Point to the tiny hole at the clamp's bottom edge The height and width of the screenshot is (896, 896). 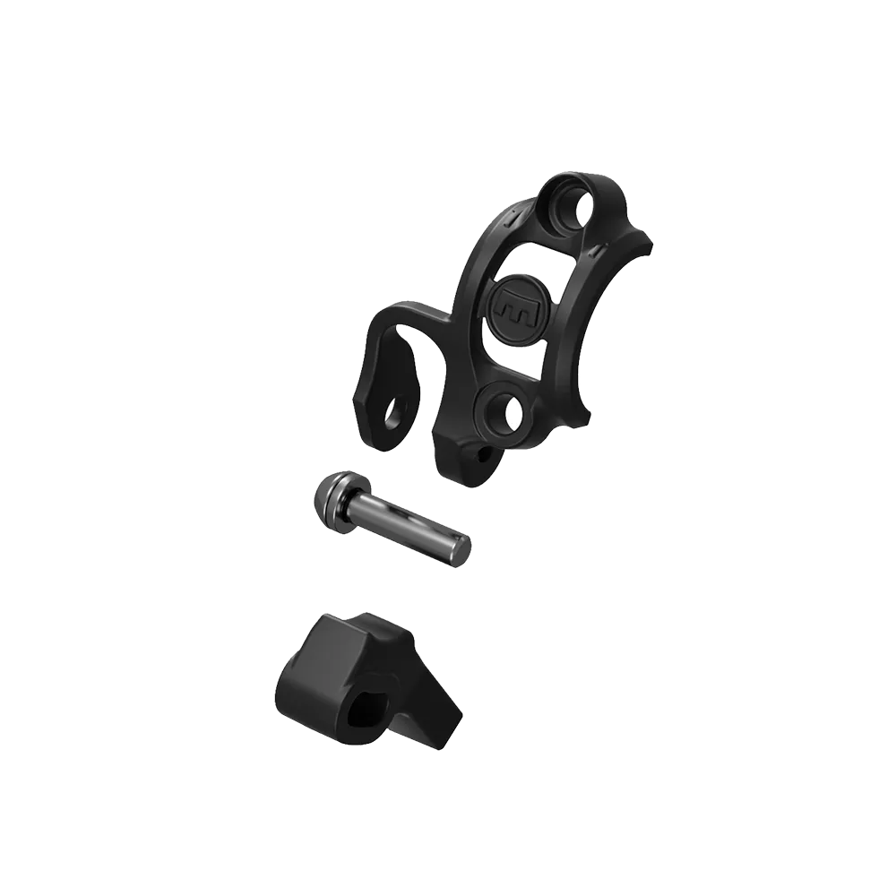coord(486,454)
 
